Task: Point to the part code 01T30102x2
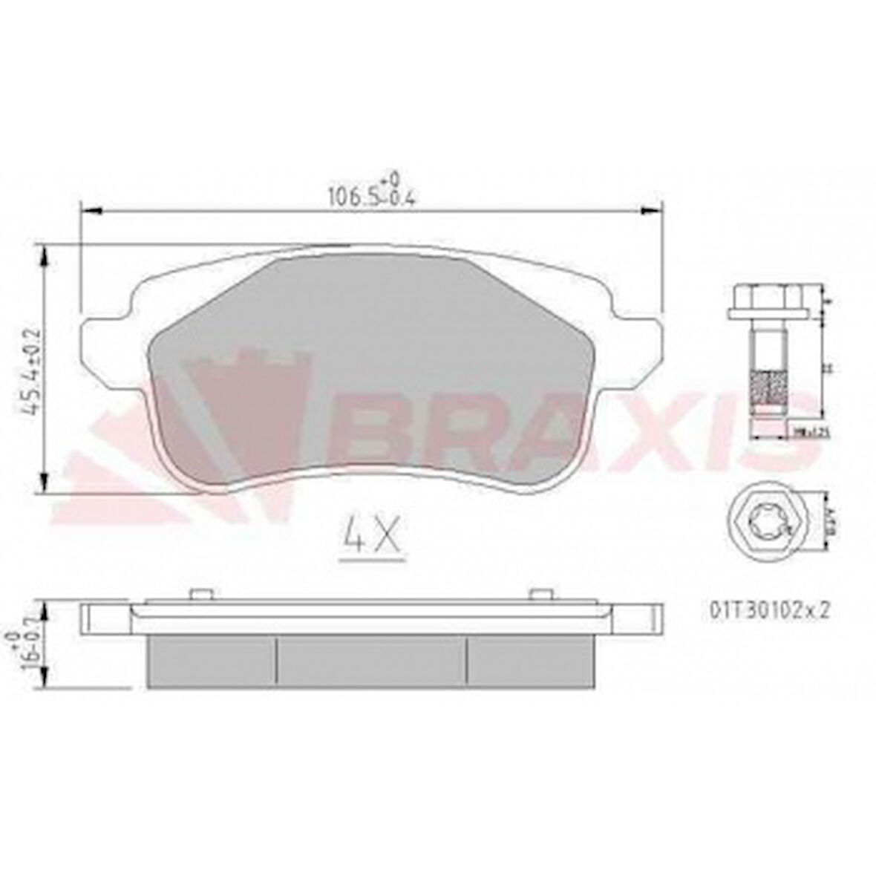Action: coord(768,609)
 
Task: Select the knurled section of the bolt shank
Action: coord(767,387)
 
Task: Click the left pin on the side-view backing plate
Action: coord(198,594)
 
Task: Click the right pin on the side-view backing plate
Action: coord(541,594)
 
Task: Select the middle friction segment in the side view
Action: coord(371,660)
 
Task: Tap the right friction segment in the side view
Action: coord(529,660)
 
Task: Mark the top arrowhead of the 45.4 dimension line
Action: coord(48,256)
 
